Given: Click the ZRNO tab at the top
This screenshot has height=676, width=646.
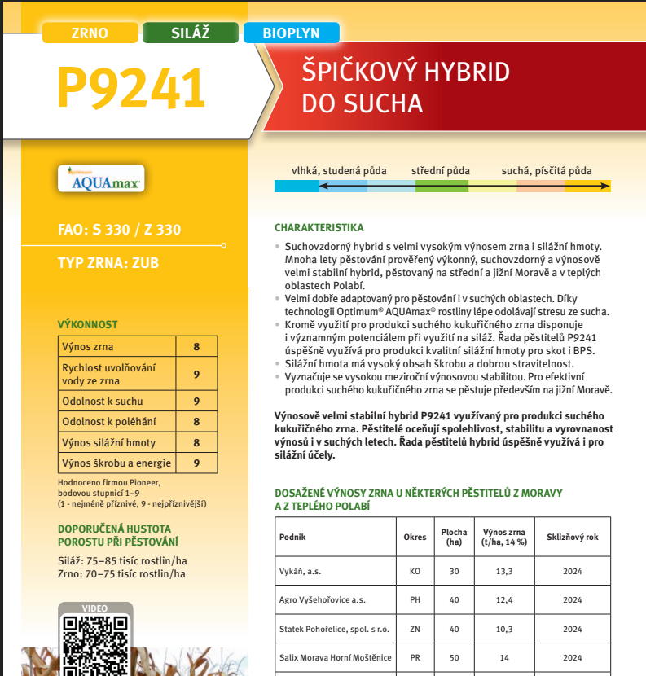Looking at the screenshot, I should (90, 33).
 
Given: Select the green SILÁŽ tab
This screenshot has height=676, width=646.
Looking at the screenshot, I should (191, 33).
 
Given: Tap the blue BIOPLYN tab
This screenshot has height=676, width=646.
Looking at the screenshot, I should (291, 33).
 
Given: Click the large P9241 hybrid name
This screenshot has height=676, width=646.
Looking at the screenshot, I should (131, 89).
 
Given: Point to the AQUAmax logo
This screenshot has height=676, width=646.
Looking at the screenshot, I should (101, 179).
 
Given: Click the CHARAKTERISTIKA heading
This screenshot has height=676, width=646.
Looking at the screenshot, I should (319, 227).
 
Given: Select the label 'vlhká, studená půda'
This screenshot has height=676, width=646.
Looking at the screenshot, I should (340, 171).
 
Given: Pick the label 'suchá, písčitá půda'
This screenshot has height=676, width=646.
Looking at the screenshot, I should (547, 171).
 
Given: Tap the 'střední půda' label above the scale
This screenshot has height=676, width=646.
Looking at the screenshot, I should (441, 171).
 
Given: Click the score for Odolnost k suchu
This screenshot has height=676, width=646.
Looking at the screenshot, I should (196, 401).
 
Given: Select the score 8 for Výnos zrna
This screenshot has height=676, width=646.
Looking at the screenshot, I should (196, 347).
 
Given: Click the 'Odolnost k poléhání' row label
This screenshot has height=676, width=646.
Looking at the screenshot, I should (108, 422).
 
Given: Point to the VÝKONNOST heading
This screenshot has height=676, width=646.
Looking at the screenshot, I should (87, 324).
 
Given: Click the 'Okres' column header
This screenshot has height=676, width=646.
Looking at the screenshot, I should (415, 538).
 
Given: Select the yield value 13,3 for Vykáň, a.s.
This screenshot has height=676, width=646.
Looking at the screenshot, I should (504, 571).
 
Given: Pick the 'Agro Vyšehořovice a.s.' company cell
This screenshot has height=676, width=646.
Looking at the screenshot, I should (323, 600).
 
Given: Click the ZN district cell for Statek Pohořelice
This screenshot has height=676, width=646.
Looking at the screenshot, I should (415, 629).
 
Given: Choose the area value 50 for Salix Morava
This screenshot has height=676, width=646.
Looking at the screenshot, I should (455, 657).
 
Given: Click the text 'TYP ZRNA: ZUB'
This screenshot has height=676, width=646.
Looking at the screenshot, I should (108, 263).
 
